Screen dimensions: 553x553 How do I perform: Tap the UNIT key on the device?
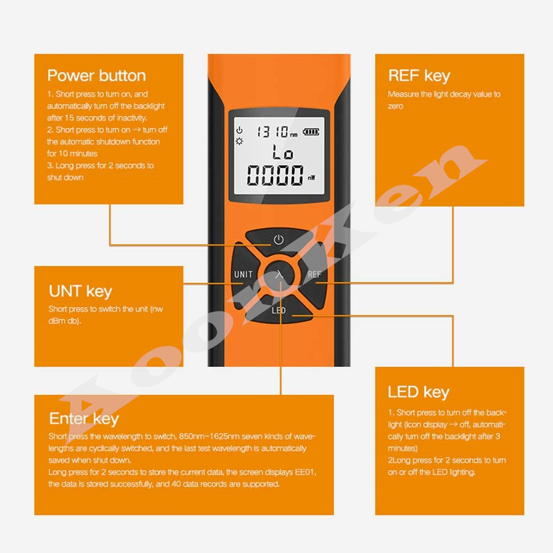point(243,275)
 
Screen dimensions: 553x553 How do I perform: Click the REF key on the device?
point(314,275)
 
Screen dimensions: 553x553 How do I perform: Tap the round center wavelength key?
point(279,275)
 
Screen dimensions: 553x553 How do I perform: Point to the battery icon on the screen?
point(310,132)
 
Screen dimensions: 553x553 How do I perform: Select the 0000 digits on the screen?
point(275,176)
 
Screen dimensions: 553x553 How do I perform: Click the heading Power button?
point(97,76)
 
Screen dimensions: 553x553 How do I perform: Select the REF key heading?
point(419,76)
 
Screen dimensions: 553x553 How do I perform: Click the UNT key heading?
point(81,291)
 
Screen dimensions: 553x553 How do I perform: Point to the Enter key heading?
point(84,419)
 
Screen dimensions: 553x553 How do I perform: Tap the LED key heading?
point(418,392)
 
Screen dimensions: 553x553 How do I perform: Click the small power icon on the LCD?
point(239,130)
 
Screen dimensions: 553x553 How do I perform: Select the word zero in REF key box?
point(396,106)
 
